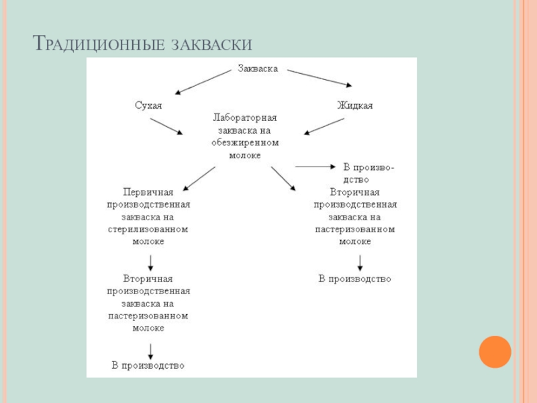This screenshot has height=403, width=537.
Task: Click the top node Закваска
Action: pyautogui.click(x=258, y=69)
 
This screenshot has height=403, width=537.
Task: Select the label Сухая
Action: pyautogui.click(x=148, y=105)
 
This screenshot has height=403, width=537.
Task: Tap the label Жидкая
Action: pyautogui.click(x=354, y=105)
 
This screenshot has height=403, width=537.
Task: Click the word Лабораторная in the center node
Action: pyautogui.click(x=244, y=118)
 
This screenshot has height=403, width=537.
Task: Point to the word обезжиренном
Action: pyautogui.click(x=244, y=142)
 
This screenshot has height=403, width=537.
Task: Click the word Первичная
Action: pyautogui.click(x=148, y=192)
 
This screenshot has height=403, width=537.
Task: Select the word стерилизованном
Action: pyautogui.click(x=148, y=229)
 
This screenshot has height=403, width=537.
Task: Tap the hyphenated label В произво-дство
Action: pyautogui.click(x=369, y=173)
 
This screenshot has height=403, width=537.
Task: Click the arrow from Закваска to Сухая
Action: pyautogui.click(x=203, y=81)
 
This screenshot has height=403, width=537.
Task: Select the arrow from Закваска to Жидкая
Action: pyautogui.click(x=320, y=78)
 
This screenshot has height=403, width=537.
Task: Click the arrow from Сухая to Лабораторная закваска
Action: pyautogui.click(x=166, y=126)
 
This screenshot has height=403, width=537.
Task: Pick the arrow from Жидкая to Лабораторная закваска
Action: pyautogui.click(x=324, y=127)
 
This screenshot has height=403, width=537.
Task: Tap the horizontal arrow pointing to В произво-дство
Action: pyautogui.click(x=315, y=166)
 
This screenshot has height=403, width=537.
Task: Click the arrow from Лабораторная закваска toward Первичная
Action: pyautogui.click(x=199, y=178)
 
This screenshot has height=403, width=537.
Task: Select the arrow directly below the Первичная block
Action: pyautogui.click(x=150, y=262)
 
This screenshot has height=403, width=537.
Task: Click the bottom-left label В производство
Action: pyautogui.click(x=148, y=366)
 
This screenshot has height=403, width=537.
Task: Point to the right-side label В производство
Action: pyautogui.click(x=354, y=279)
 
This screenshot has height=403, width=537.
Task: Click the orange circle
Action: pyautogui.click(x=495, y=351)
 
